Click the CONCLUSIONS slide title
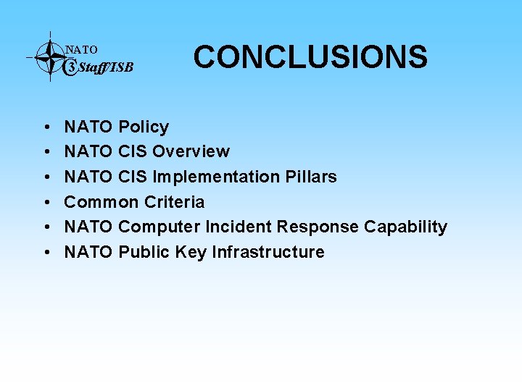tap(310, 56)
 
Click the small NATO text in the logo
tap(81, 50)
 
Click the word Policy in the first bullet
tap(144, 127)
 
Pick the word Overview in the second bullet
tap(191, 151)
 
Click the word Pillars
tap(313, 177)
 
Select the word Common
tap(98, 201)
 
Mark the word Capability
tap(405, 227)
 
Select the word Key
tap(187, 252)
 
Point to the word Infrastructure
tap(268, 252)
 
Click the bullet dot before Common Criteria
tap(46, 202)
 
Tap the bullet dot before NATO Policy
tap(46, 127)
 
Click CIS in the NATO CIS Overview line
tap(133, 151)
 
